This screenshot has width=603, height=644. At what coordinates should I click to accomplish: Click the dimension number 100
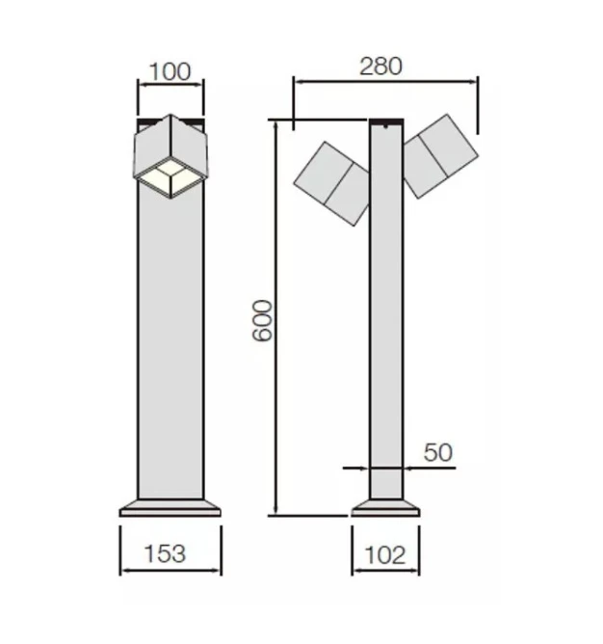[x=170, y=71]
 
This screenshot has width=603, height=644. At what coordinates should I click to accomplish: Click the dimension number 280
[x=380, y=66]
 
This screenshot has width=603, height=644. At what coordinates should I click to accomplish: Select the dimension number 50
[x=436, y=451]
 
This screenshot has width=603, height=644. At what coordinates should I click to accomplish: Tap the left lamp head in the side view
[x=331, y=183]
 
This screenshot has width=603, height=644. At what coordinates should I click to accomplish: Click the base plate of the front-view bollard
[x=170, y=507]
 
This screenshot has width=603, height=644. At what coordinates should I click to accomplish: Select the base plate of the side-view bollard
[x=385, y=507]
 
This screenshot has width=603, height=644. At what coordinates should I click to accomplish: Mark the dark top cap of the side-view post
[x=386, y=122]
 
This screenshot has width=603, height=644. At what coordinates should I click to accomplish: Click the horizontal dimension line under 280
[x=385, y=82]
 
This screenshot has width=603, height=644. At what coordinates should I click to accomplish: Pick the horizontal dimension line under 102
[x=385, y=571]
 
